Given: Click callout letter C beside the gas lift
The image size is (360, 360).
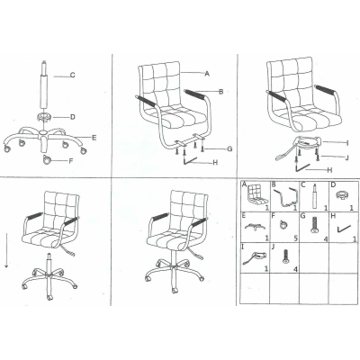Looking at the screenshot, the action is tap(72, 75).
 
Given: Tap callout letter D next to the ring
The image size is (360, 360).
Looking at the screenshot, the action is tap(72, 117).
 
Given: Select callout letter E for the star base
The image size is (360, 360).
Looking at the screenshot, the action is tap(94, 138).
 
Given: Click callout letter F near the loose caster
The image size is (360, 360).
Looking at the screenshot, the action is tap(71, 161).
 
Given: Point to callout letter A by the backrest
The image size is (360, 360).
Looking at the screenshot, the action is tap(207, 74).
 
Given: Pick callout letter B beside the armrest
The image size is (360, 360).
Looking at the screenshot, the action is tap(221, 92).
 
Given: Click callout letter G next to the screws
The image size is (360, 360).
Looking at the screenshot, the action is tap(229, 148).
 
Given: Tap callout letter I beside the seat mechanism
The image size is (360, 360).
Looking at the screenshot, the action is tap(347, 143).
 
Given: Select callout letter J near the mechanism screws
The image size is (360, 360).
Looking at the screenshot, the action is tap(347, 157).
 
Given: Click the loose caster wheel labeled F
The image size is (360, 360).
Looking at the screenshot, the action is tap(47, 160).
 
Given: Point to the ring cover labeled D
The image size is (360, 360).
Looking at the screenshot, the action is tap(44, 116).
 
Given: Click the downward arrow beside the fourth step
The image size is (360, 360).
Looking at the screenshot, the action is tap(6, 252).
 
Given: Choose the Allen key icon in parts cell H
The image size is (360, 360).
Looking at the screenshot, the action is tap(344, 229).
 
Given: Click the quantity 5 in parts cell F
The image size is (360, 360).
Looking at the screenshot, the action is tap(296, 238).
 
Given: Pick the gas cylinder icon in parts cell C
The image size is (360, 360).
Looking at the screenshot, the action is tap(314, 196).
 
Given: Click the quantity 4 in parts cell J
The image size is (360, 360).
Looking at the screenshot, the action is tap(296, 269).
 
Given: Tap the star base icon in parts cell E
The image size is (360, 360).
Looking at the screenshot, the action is tap(255, 227).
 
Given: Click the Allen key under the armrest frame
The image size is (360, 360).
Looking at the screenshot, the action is tap(191, 160).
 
